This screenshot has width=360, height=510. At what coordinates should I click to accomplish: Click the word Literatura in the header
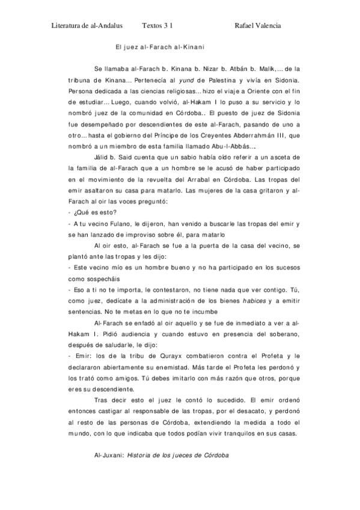pos(66,26)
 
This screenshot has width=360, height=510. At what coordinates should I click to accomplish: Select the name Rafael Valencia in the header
pos(258,26)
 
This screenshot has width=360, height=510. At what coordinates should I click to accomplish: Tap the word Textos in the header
pos(153,26)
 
